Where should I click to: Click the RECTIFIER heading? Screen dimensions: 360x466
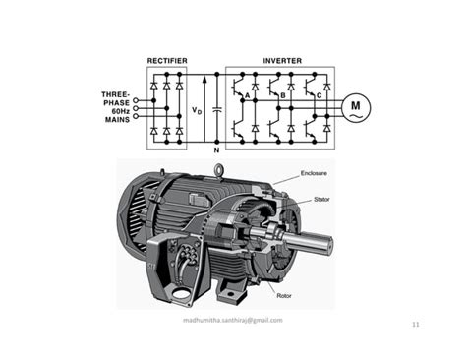[x=167, y=61]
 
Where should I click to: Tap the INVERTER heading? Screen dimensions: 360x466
[x=282, y=61]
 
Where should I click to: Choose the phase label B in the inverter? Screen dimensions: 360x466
[x=283, y=95]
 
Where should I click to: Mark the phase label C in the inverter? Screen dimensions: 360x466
[x=320, y=95]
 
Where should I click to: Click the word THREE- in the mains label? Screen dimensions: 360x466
[x=116, y=95]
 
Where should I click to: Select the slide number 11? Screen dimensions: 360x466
[x=416, y=324]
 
